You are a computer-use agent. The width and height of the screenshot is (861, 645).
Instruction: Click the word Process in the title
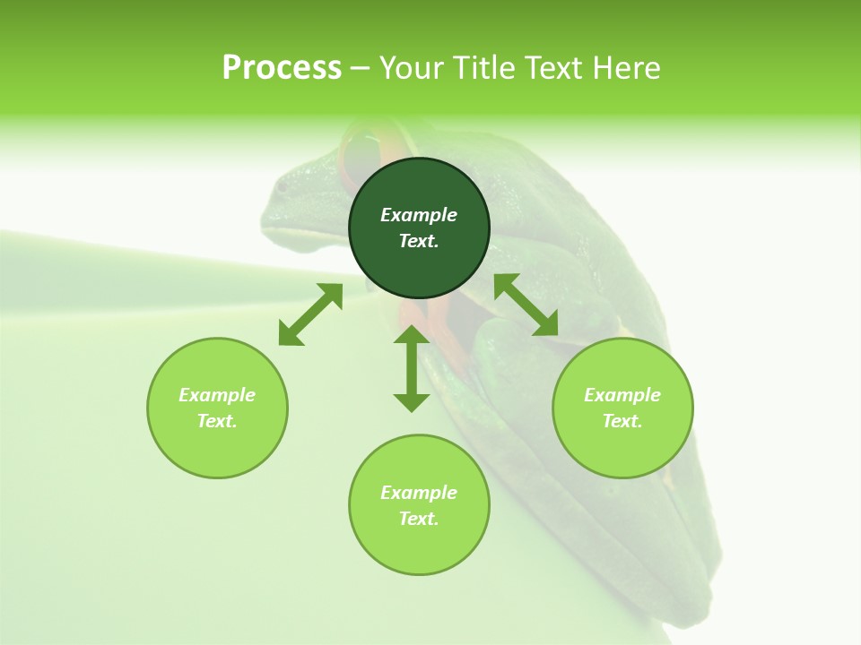[282, 68]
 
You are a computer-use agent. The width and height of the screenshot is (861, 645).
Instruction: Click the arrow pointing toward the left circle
[310, 314]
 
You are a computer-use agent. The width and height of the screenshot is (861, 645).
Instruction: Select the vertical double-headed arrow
[412, 368]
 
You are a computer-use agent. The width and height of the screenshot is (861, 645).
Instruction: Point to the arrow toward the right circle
[526, 305]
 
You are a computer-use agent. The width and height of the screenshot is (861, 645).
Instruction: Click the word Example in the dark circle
[419, 215]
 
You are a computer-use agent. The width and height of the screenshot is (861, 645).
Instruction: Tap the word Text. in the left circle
[217, 421]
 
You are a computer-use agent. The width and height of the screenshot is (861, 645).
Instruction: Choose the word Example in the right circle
[622, 395]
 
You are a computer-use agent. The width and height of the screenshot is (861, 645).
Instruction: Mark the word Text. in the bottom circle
[419, 519]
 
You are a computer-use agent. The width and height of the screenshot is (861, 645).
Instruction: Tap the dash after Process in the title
[360, 69]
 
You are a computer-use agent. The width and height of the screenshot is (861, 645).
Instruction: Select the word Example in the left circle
[217, 395]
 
